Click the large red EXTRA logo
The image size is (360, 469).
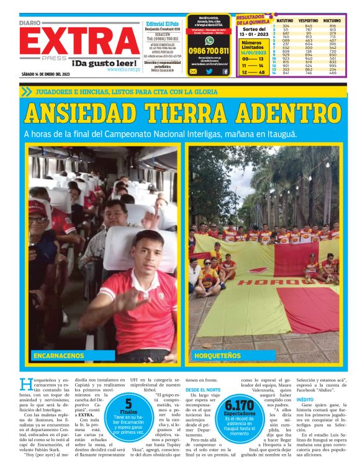click(x=79, y=42)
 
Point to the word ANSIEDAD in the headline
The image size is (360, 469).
click(x=95, y=114)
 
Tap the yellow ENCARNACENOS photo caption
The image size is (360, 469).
click(x=60, y=356)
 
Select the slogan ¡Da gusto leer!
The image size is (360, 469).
click(x=105, y=63)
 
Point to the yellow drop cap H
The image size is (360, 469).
click(x=25, y=384)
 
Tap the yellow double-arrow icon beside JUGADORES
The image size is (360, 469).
click(x=25, y=91)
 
